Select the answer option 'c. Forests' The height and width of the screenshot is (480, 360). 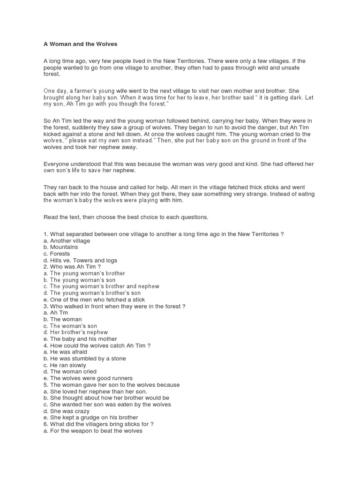57,254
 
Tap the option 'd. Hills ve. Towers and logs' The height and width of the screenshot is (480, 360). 80,260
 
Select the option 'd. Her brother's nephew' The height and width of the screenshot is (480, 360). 75,332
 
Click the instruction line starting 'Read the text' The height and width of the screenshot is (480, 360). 126,217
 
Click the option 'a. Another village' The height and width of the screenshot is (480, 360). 67,240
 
